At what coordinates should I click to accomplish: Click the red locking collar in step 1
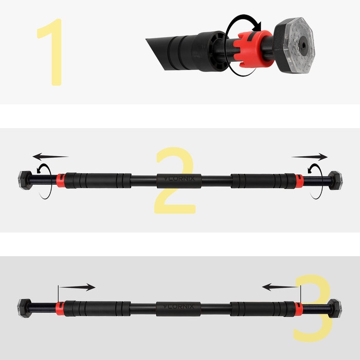(x=254, y=49)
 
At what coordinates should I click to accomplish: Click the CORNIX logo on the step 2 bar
(x=179, y=178)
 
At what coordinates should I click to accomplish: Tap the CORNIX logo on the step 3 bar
(x=178, y=307)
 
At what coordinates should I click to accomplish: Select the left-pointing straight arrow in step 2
(x=50, y=156)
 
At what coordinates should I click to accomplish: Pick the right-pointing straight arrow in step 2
(x=310, y=157)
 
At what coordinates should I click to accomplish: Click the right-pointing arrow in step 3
(x=77, y=287)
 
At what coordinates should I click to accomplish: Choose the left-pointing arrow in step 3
(x=281, y=287)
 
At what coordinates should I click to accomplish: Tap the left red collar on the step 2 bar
(x=61, y=181)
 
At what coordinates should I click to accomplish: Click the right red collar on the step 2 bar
(x=299, y=181)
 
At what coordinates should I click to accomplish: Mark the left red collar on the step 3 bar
(x=60, y=308)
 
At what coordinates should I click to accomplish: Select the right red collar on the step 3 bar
(x=298, y=308)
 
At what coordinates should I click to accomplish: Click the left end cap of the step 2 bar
(x=25, y=180)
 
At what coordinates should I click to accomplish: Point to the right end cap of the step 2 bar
(x=336, y=180)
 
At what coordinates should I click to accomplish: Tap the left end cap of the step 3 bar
(x=24, y=308)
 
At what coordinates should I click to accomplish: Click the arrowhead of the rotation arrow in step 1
(x=257, y=26)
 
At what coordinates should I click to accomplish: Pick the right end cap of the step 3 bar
(x=335, y=308)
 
